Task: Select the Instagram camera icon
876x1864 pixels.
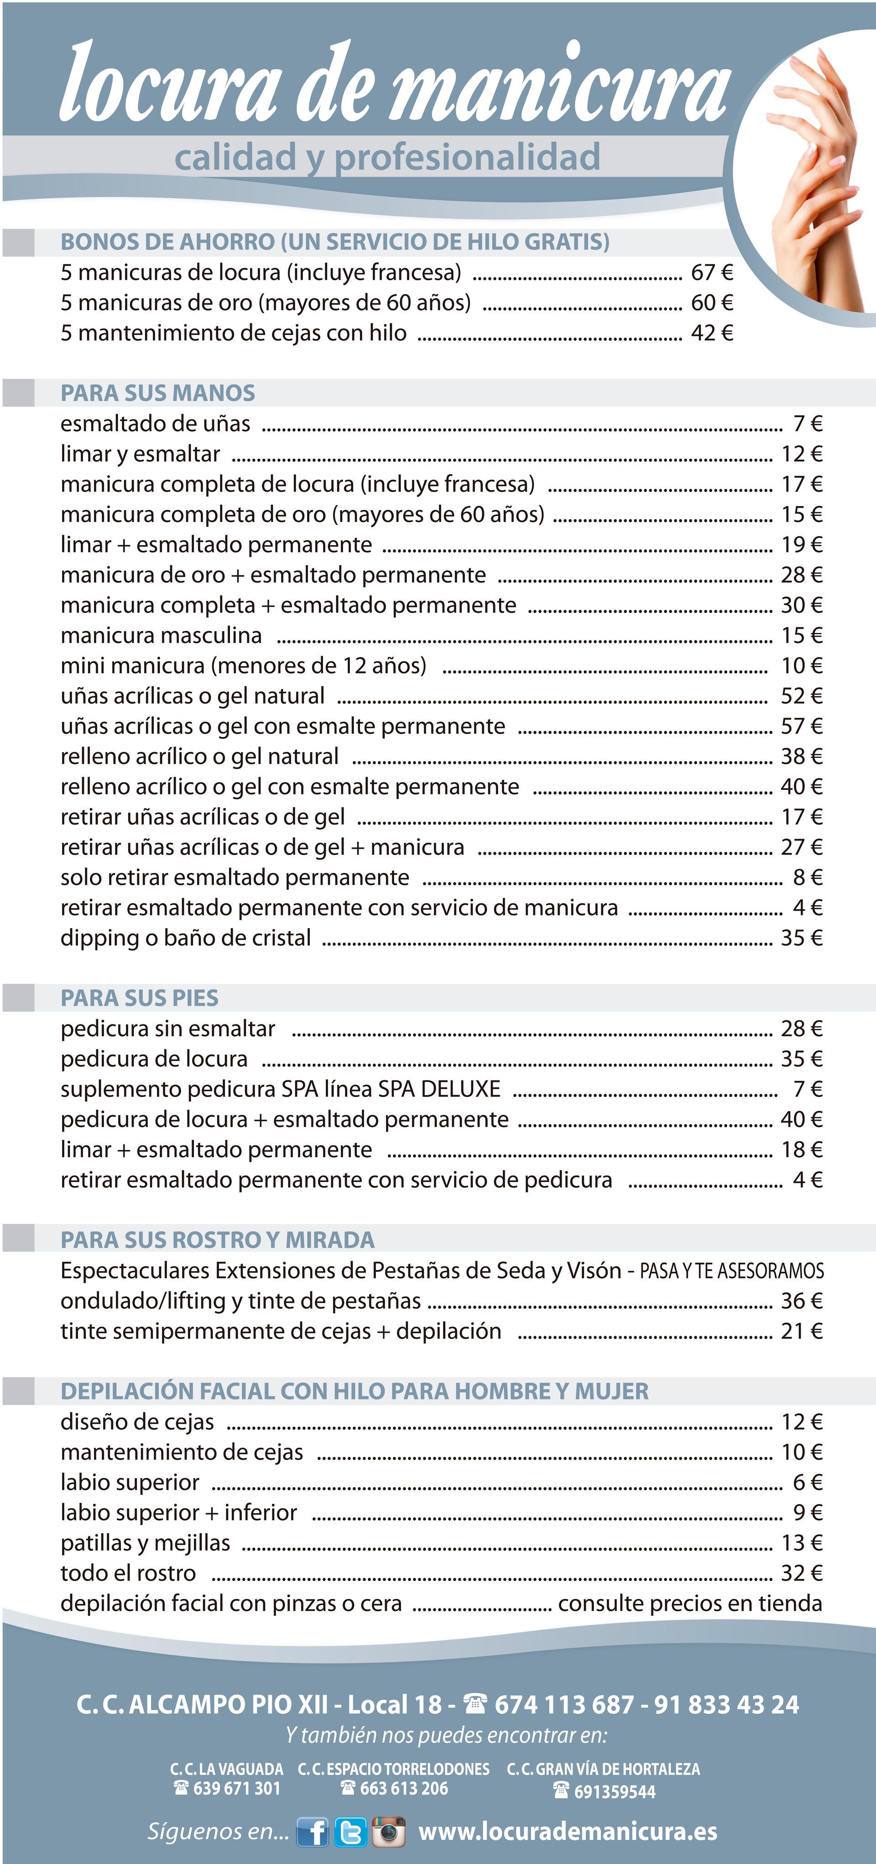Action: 388,1832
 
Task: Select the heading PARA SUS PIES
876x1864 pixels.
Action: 140,998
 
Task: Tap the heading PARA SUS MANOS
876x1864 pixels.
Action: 158,393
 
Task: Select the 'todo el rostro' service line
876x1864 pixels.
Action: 128,1573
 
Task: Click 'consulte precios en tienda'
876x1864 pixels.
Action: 690,1603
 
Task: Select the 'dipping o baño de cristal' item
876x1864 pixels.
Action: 186,938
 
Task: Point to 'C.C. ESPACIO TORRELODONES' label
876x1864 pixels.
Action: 393,1769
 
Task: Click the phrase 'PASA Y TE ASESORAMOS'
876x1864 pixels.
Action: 731,1271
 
